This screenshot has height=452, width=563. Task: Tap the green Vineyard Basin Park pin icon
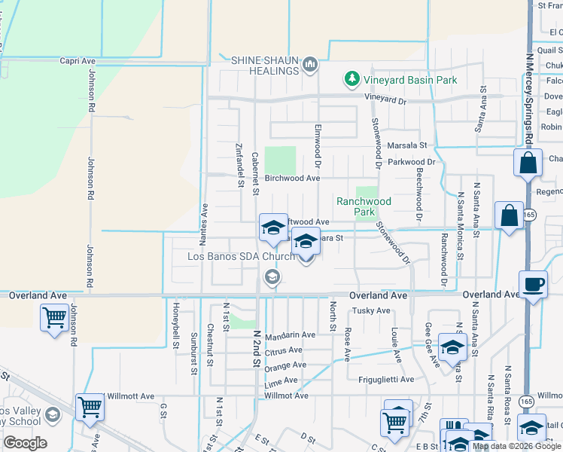pyautogui.click(x=351, y=78)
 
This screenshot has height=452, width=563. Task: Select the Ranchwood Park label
pyautogui.click(x=364, y=206)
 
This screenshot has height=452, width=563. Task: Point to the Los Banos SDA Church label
pyautogui.click(x=241, y=256)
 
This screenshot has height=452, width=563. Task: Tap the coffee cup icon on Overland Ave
pyautogui.click(x=533, y=285)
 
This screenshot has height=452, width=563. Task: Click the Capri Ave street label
pyautogui.click(x=78, y=61)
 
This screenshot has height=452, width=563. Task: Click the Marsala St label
pyautogui.click(x=407, y=145)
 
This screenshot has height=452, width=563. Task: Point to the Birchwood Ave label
pyautogui.click(x=293, y=179)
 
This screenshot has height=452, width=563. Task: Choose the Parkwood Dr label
pyautogui.click(x=412, y=162)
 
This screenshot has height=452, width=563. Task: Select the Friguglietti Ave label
pyautogui.click(x=386, y=379)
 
